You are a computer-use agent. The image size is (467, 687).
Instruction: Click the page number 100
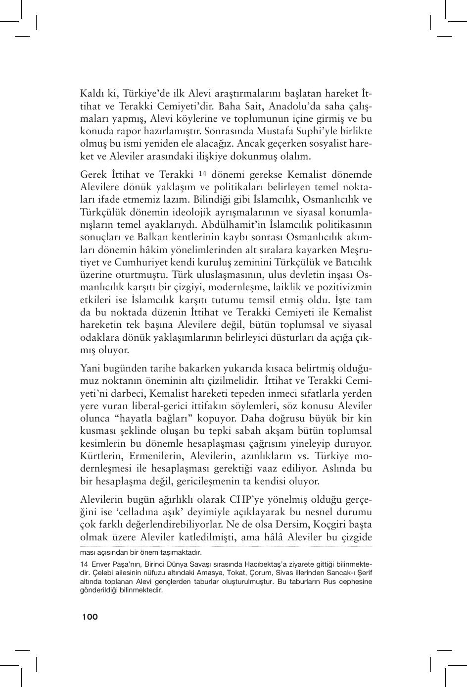(x=90, y=617)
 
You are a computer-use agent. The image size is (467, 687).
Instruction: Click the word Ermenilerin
(x=155, y=456)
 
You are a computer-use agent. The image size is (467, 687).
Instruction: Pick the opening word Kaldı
(x=92, y=94)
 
